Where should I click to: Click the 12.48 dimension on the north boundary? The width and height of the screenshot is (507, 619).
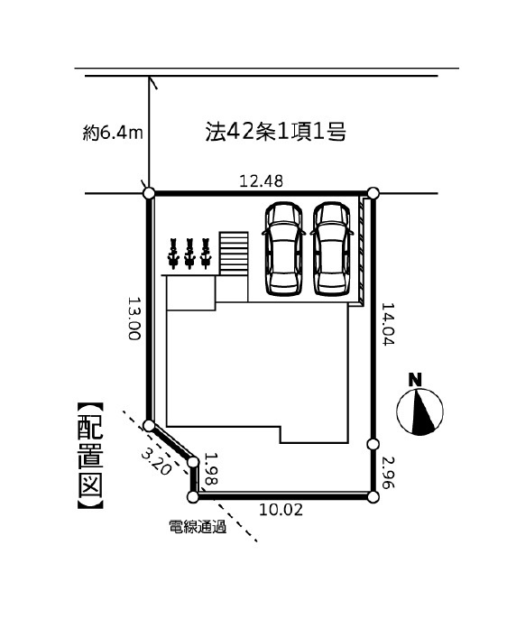(262, 181)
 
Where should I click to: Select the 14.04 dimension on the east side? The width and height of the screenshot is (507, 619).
(387, 324)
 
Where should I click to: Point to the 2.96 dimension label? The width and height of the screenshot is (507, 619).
(387, 472)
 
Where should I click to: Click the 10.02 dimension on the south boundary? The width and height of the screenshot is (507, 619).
(281, 510)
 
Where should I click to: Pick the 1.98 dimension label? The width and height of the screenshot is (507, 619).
(211, 468)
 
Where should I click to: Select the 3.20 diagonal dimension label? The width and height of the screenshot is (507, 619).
(156, 462)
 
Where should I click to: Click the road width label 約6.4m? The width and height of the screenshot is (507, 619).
(113, 134)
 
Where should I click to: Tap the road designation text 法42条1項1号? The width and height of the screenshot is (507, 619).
(276, 132)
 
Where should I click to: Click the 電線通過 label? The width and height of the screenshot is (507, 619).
(198, 527)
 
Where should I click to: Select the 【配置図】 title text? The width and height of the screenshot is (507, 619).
(90, 455)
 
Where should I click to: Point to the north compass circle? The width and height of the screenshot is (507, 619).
(419, 411)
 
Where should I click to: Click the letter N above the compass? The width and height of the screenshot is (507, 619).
(415, 380)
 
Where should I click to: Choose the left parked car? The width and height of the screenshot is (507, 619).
(283, 248)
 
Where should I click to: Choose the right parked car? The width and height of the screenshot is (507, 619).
(332, 248)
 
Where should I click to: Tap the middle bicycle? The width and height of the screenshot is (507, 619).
(189, 254)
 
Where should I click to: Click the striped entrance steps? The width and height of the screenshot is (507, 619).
(234, 253)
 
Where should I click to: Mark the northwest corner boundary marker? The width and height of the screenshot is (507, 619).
(149, 193)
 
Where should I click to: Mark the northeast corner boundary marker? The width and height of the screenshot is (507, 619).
(373, 193)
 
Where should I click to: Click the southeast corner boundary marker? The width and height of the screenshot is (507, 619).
(373, 497)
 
